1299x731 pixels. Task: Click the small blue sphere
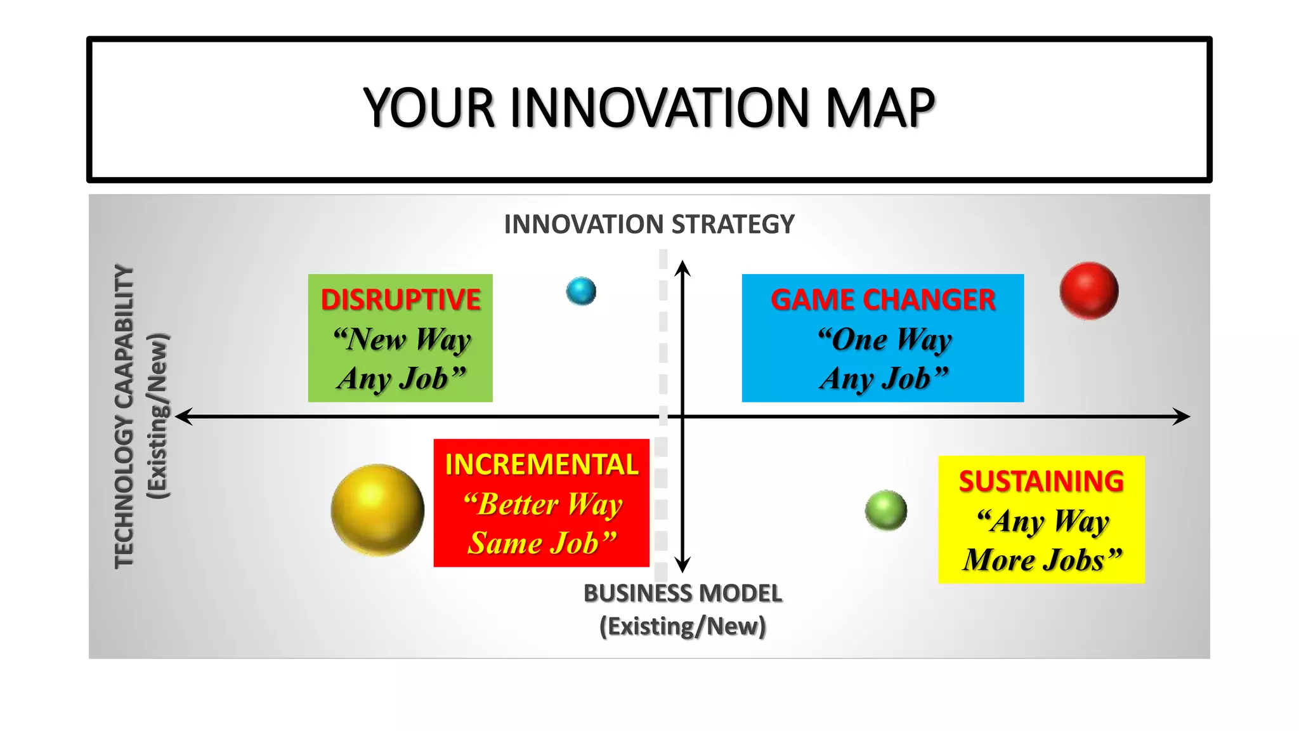coord(581,291)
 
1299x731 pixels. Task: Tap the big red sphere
coord(1088,291)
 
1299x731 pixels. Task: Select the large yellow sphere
coord(377,510)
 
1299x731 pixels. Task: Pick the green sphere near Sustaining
coord(886,510)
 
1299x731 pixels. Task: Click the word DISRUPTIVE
coord(400,300)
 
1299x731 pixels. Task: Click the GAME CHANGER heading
coord(883,300)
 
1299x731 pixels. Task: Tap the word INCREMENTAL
coord(541,464)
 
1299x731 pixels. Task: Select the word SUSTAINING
coord(1041,482)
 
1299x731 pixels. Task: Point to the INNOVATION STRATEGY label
coord(649,225)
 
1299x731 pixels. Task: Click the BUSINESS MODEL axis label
coord(682,594)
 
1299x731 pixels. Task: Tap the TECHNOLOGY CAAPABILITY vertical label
coord(124,416)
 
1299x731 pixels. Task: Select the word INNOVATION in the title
coord(660,108)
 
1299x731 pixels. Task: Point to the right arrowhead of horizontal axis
coord(1183,416)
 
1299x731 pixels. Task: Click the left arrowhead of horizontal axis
coord(182,416)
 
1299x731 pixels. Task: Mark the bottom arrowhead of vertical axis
coord(682,565)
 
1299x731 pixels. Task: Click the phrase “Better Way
coord(543,505)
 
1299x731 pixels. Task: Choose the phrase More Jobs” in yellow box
coord(1042,560)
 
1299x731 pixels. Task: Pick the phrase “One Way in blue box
coord(884,339)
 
